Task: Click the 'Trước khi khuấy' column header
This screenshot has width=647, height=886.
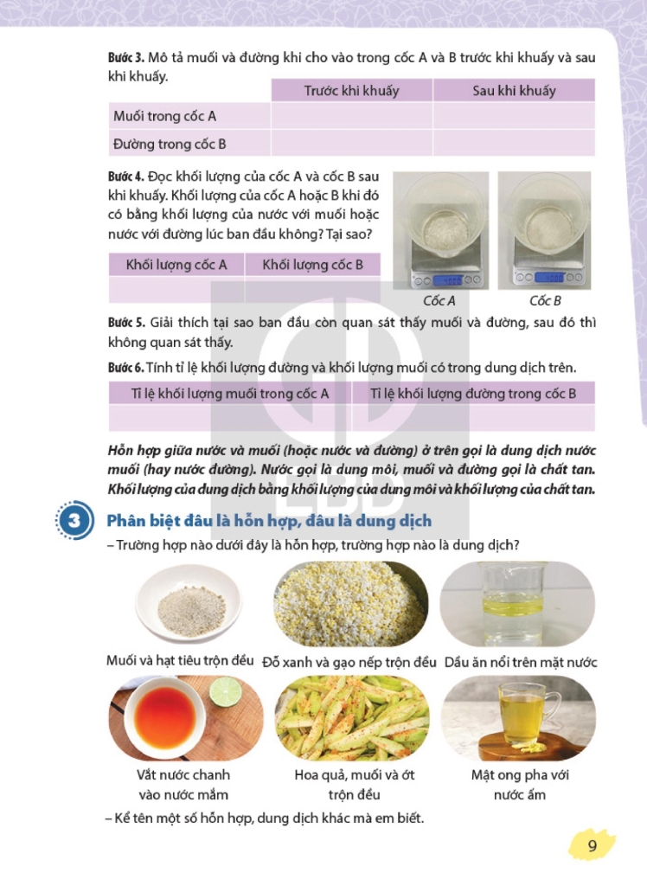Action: coord(351,90)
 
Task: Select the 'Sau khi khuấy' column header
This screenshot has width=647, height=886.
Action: coord(514,90)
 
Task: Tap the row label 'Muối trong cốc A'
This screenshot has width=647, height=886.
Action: coord(164,117)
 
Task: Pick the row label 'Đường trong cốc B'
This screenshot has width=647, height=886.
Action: coord(170,144)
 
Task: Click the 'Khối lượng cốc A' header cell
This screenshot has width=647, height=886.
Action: coord(176,265)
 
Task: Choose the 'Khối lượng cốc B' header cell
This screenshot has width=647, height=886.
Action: coord(312,265)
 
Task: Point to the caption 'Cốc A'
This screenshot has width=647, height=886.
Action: coord(439,300)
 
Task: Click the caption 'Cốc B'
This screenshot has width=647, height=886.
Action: coord(545,300)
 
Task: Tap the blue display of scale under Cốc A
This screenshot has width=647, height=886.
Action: coord(447,279)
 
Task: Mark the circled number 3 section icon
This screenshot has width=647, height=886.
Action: coord(74,520)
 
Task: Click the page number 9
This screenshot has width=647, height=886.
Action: coord(593,845)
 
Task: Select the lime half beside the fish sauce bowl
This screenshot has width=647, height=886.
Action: coord(226,693)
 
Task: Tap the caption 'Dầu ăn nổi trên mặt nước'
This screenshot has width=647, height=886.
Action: coord(521,662)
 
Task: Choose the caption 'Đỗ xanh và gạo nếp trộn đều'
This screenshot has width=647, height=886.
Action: coord(349,662)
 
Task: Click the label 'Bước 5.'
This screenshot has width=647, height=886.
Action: coord(126,323)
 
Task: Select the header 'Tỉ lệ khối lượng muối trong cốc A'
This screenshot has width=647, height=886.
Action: coord(230,394)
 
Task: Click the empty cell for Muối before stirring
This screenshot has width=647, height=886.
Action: coord(351,116)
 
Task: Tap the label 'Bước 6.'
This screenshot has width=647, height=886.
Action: coord(126,368)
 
